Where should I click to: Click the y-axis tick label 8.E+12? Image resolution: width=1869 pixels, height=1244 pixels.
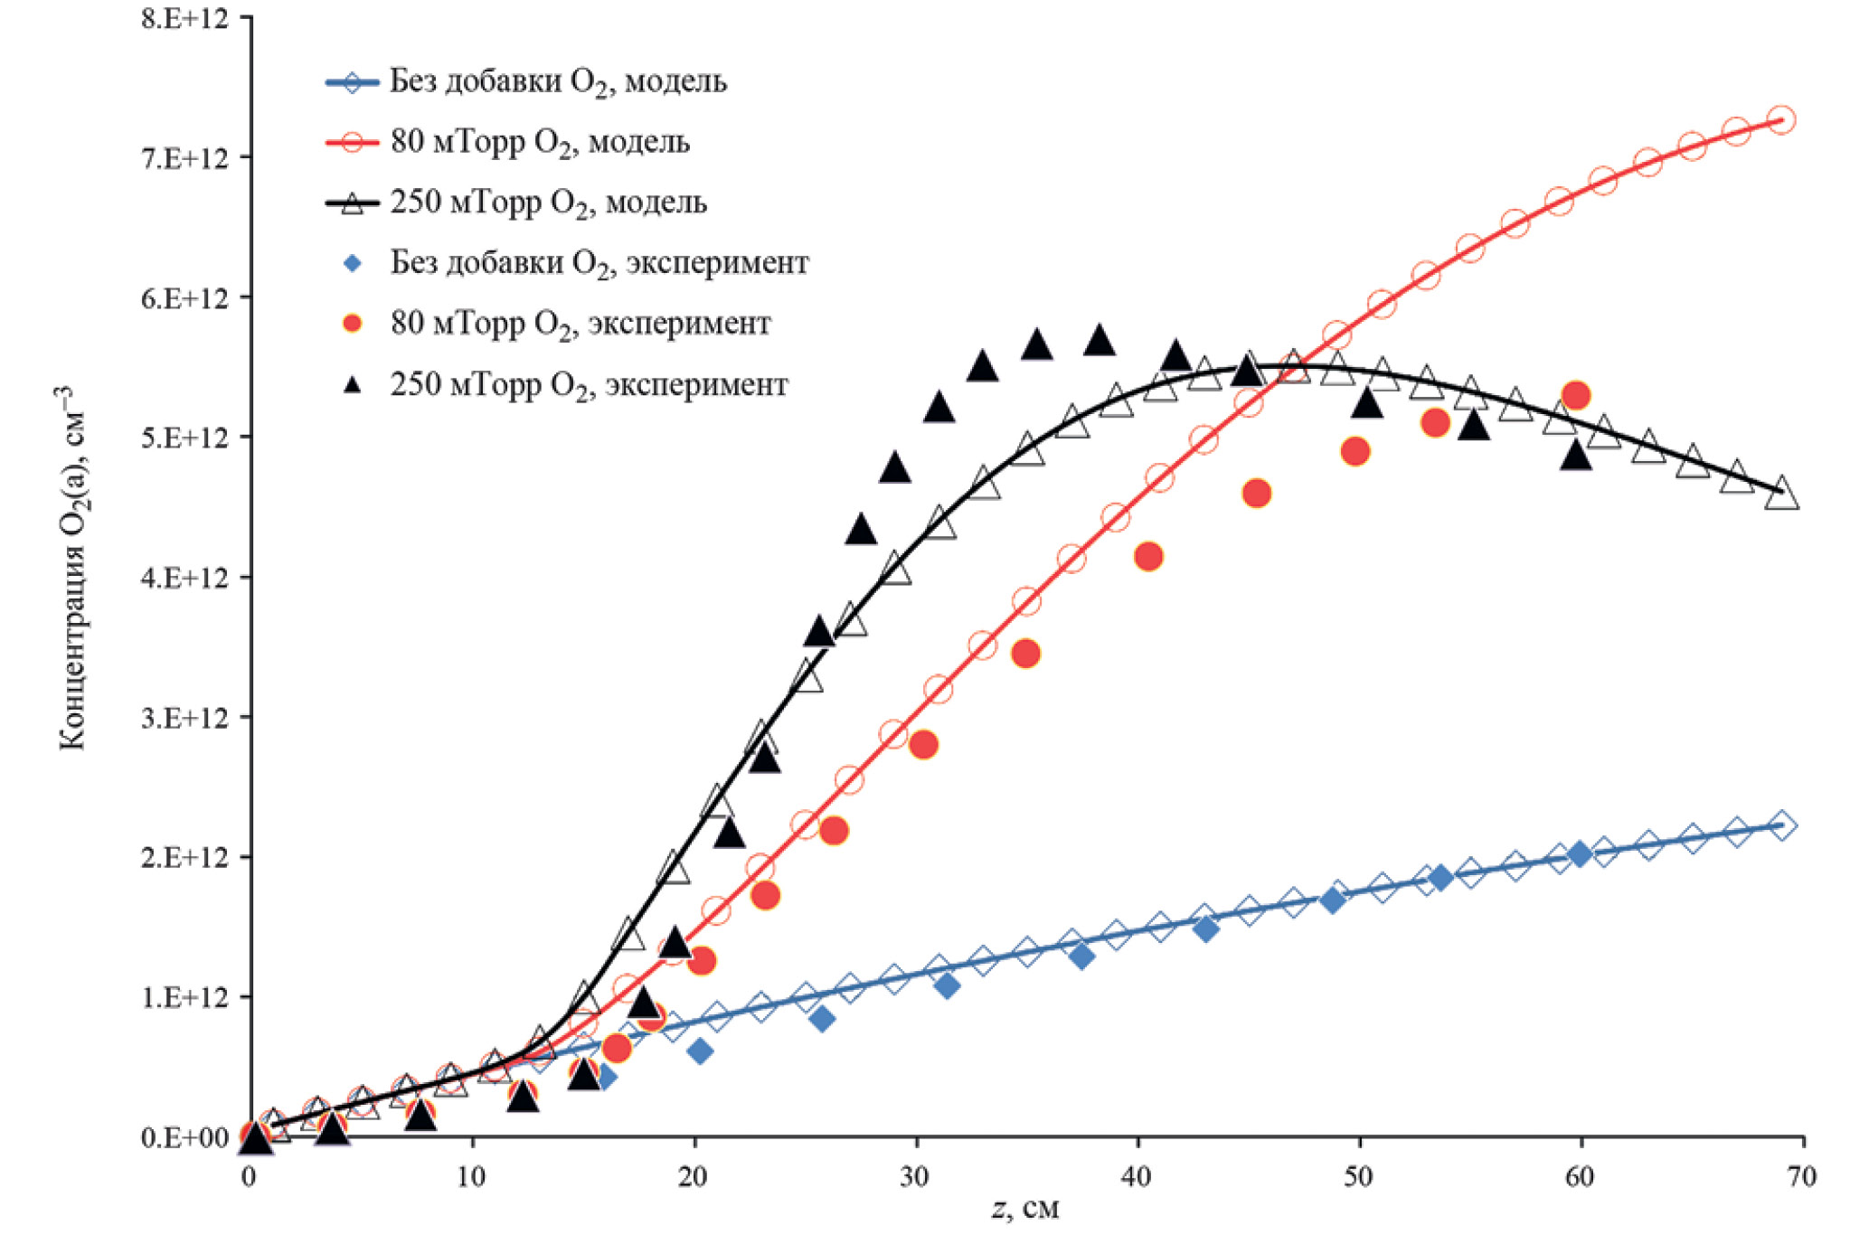[x=184, y=19]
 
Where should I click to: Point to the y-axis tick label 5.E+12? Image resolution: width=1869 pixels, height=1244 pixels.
[x=184, y=438]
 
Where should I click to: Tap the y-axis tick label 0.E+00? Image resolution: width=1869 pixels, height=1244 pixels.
[x=184, y=1137]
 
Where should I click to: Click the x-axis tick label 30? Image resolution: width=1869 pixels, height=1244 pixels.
[x=914, y=1176]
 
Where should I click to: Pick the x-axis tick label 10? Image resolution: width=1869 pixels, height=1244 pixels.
[x=471, y=1176]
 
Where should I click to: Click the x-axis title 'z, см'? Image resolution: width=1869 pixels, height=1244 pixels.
[x=1025, y=1209]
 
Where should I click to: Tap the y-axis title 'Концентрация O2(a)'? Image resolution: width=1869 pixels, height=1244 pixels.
[x=71, y=570]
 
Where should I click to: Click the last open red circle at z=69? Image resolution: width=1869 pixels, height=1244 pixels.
[x=1780, y=119]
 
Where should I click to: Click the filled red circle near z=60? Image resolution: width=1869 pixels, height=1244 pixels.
[x=1576, y=395]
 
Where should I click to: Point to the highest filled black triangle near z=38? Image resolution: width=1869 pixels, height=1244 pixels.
[x=1099, y=341]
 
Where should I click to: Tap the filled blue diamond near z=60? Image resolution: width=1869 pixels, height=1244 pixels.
[x=1579, y=854]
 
